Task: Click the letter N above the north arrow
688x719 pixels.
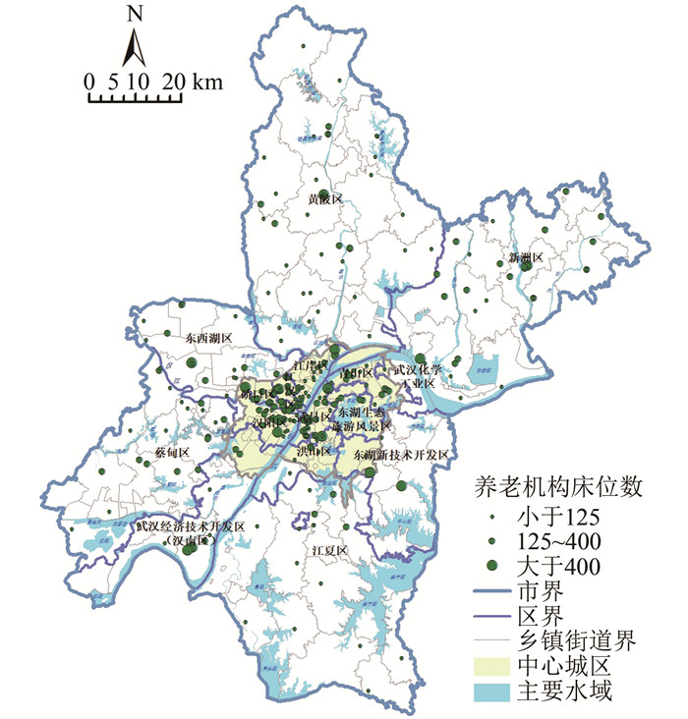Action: pos(135,15)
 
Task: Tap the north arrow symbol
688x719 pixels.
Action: pos(135,48)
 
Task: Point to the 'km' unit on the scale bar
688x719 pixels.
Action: pos(208,82)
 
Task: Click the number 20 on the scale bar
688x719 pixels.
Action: pos(173,82)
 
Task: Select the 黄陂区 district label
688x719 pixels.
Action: pos(324,199)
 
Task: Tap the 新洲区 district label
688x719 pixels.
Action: pos(526,258)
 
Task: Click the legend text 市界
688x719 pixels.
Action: pos(538,592)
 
